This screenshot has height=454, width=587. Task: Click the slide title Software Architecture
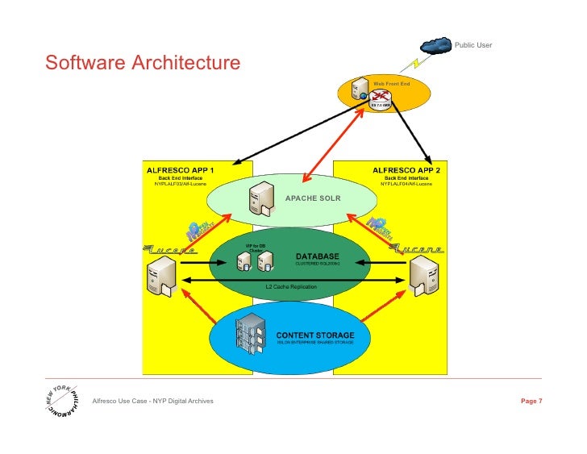click(143, 63)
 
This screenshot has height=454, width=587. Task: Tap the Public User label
click(473, 44)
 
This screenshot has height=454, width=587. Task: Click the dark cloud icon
click(435, 45)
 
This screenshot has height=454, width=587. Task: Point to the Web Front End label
click(391, 83)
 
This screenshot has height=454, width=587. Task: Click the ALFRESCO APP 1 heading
click(180, 170)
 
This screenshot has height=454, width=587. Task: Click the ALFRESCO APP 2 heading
click(406, 170)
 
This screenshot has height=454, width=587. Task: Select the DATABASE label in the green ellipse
click(310, 256)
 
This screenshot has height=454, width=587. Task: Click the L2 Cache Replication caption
click(291, 286)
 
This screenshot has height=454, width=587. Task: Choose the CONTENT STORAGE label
click(314, 334)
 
